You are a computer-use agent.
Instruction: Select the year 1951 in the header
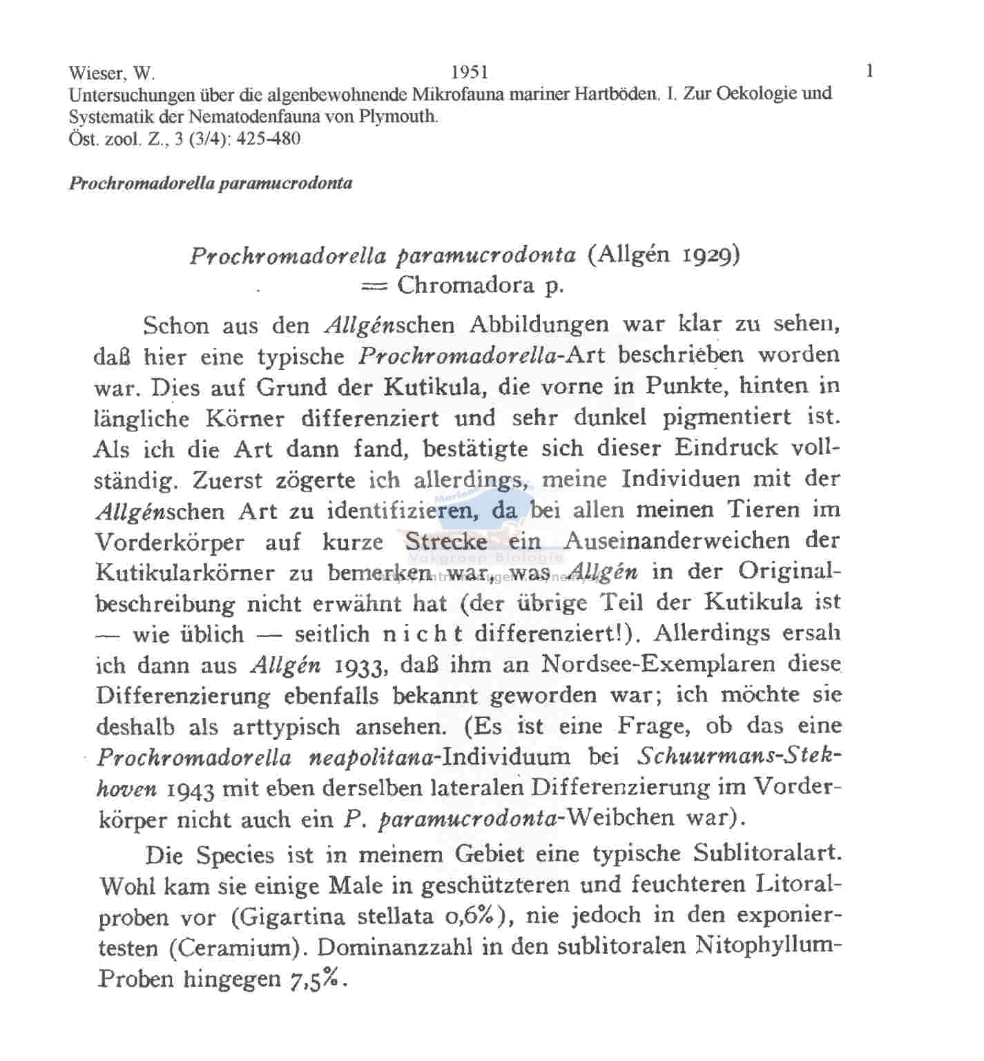[469, 72]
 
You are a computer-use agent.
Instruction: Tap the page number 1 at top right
[869, 70]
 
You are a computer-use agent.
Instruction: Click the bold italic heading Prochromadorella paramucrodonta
[211, 184]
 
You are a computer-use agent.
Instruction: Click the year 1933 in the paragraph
[359, 665]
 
